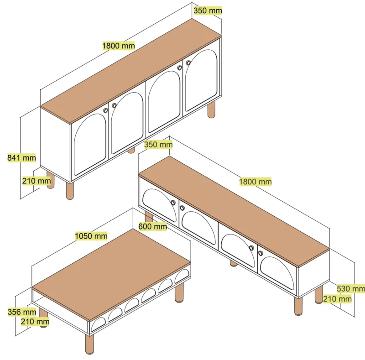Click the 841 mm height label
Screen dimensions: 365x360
(x=21, y=158)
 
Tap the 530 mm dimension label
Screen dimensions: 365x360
(x=351, y=289)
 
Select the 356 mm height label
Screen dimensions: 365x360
(x=22, y=312)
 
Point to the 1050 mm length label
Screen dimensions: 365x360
(x=91, y=236)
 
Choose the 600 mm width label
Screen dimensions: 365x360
(x=152, y=226)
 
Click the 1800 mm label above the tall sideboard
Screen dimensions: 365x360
(x=119, y=46)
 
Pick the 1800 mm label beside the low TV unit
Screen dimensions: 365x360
(x=255, y=182)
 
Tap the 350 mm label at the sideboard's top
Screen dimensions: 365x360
(x=208, y=10)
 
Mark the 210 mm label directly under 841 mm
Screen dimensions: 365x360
(x=36, y=181)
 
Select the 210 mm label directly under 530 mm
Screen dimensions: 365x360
(x=337, y=299)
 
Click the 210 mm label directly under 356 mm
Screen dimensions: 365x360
(x=35, y=322)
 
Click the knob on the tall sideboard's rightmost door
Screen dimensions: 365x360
(x=188, y=63)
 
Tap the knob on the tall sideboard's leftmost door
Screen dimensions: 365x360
(x=105, y=110)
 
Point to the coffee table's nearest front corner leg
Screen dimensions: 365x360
(x=89, y=344)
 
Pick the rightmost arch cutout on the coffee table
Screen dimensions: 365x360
(x=182, y=276)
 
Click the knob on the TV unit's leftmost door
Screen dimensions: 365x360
(x=173, y=203)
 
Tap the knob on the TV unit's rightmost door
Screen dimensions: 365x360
(x=261, y=253)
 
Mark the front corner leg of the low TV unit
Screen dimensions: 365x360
(x=298, y=306)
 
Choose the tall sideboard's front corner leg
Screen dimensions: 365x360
(x=70, y=191)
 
